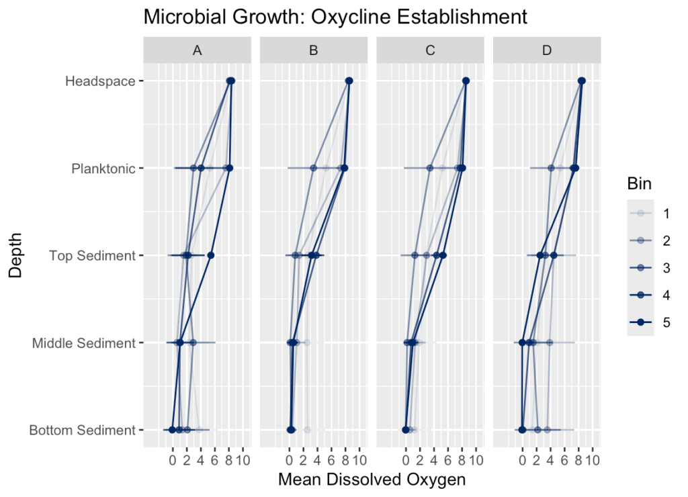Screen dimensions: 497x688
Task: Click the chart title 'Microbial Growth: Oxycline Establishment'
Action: click(335, 16)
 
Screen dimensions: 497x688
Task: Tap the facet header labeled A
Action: click(198, 50)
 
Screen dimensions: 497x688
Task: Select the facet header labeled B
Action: click(314, 50)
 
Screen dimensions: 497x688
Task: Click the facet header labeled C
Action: click(431, 50)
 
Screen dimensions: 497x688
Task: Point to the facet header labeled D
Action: click(547, 50)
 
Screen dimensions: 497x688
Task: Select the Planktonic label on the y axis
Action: click(103, 169)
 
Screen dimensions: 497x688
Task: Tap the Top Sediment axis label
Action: click(93, 256)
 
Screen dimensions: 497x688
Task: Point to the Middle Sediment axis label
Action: click(84, 343)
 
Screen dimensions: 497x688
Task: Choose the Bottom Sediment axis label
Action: click(82, 431)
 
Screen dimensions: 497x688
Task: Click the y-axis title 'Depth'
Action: click(15, 255)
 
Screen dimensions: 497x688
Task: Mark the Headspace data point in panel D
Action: click(582, 81)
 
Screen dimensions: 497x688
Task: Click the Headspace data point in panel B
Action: click(349, 81)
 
